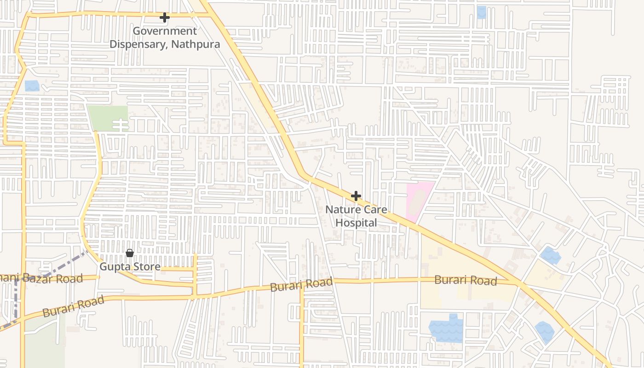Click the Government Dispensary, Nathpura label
pyautogui.click(x=164, y=38)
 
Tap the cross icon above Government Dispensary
pyautogui.click(x=164, y=17)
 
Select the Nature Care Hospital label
pyautogui.click(x=356, y=216)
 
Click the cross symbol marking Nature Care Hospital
pyautogui.click(x=356, y=196)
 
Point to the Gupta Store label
pyautogui.click(x=130, y=267)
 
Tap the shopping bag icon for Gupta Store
pyautogui.click(x=130, y=253)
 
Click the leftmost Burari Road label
pyautogui.click(x=74, y=307)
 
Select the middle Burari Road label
pyautogui.click(x=301, y=285)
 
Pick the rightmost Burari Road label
pyautogui.click(x=466, y=280)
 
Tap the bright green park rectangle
pyautogui.click(x=108, y=118)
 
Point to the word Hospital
pyautogui.click(x=356, y=223)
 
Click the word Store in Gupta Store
pyautogui.click(x=146, y=267)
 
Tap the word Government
pyautogui.click(x=164, y=31)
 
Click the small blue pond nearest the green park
pyautogui.click(x=32, y=86)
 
